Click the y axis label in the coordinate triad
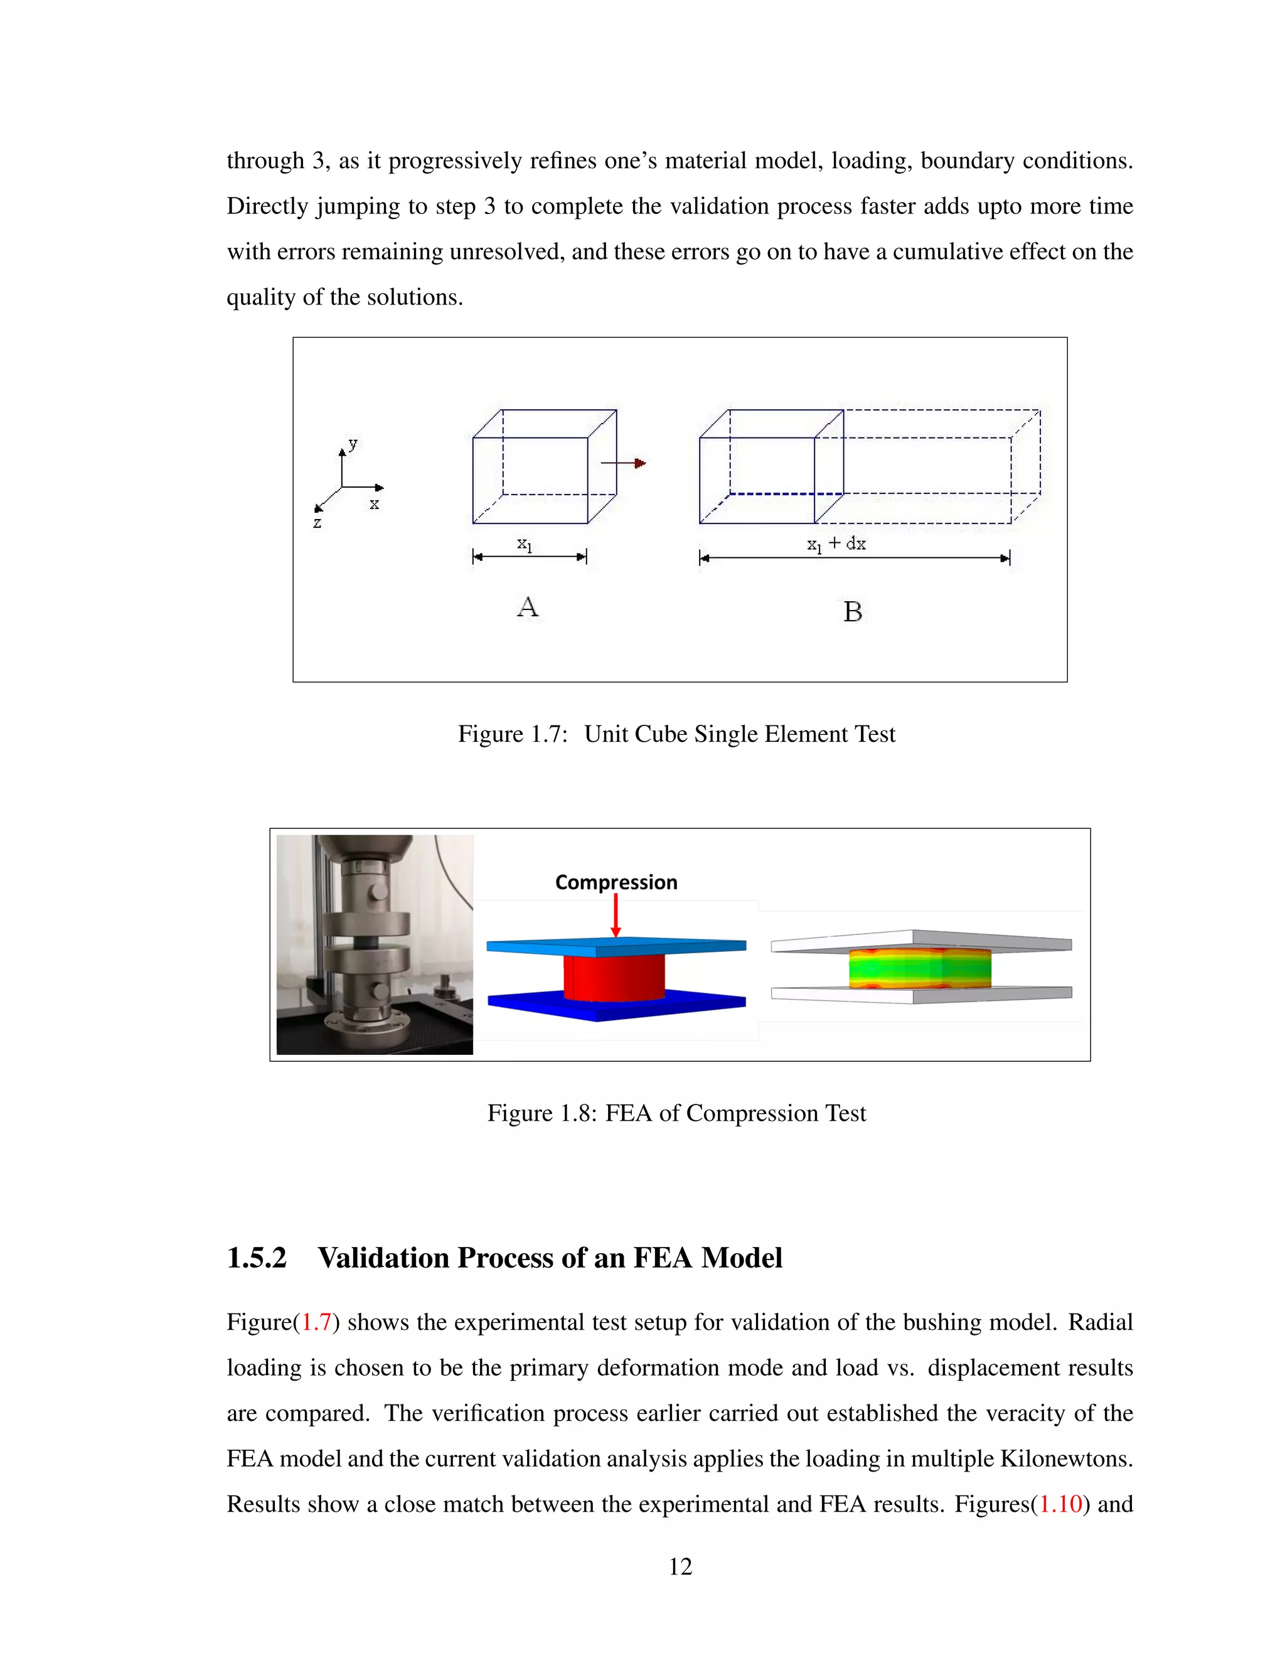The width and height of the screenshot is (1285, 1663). pos(353,443)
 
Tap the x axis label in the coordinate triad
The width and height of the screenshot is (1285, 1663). pos(374,504)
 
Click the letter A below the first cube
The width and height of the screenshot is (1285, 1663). pos(528,607)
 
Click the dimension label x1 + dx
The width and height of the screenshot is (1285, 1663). pos(836,543)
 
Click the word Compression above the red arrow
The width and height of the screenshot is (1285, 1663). pos(616,882)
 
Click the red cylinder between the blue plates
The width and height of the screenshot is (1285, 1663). pos(614,978)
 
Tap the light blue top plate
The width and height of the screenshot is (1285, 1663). pos(617,946)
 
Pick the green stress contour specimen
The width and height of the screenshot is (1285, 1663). pos(920,968)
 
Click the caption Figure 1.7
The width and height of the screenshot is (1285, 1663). pos(513,734)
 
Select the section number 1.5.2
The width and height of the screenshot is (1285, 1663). pos(257,1258)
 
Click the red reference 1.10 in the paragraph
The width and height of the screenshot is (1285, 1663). pos(1060,1504)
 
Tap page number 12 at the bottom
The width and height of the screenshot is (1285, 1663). pos(680,1566)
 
